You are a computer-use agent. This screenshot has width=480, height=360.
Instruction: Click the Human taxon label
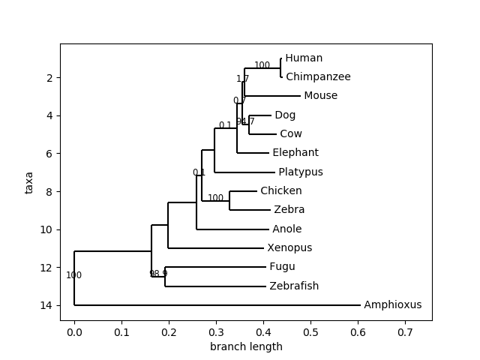click(304, 58)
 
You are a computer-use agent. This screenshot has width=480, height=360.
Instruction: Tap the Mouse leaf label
click(320, 96)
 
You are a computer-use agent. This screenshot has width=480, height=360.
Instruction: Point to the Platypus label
click(300, 172)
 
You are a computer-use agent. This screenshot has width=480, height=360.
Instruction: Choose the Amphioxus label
click(392, 305)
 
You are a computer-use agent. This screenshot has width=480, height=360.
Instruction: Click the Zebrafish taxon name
click(294, 286)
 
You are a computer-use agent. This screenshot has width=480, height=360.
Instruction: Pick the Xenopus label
click(289, 248)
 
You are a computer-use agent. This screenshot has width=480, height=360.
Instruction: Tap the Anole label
click(287, 229)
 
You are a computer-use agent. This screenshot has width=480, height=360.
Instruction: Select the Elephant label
click(295, 153)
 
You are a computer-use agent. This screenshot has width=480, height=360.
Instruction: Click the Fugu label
click(282, 267)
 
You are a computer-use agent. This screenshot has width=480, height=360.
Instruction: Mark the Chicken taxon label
click(281, 191)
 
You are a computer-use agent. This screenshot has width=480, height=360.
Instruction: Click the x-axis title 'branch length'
click(246, 346)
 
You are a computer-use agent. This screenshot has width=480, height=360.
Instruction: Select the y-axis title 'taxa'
click(29, 182)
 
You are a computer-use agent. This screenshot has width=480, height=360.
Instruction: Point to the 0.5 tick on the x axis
click(310, 331)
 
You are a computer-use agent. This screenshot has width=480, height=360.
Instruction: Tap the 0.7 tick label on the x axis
click(405, 331)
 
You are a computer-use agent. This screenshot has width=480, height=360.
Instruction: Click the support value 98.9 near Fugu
click(158, 274)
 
